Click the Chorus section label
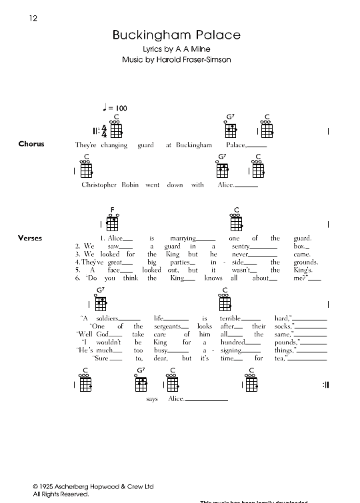(31, 144)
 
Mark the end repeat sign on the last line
(327, 385)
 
